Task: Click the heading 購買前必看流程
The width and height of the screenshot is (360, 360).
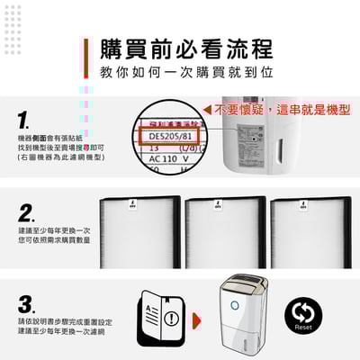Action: coord(187,48)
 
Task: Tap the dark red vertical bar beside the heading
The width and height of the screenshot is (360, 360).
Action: coord(87,58)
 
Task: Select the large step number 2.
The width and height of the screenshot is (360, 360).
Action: coord(27,212)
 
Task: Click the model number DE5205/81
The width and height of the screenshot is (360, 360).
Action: coord(170,137)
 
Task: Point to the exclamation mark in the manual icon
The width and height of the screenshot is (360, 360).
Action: coord(171,316)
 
